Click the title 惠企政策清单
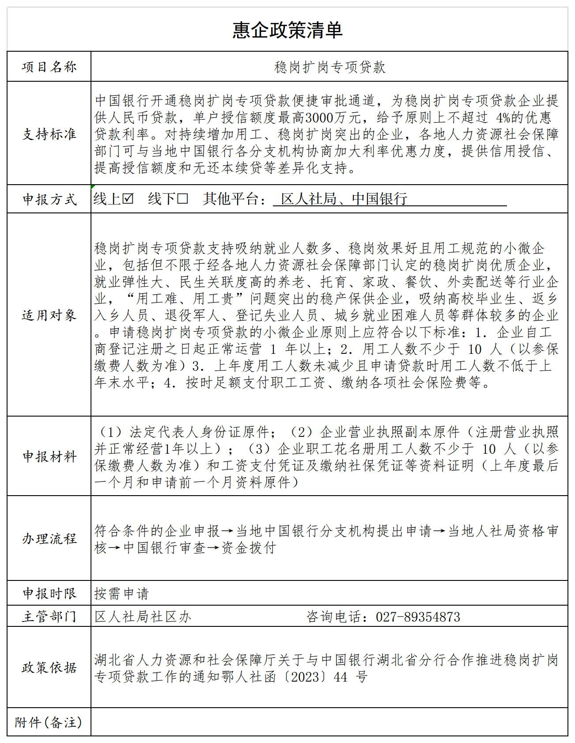pyautogui.click(x=287, y=30)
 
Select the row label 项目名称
pyautogui.click(x=49, y=67)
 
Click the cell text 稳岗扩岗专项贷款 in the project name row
pyautogui.click(x=329, y=67)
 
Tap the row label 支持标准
pyautogui.click(x=49, y=133)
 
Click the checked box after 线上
pyautogui.click(x=128, y=198)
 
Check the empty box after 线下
pyautogui.click(x=182, y=198)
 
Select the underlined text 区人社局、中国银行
pyautogui.click(x=344, y=199)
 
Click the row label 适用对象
pyautogui.click(x=49, y=315)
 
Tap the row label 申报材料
pyautogui.click(x=49, y=456)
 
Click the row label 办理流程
pyautogui.click(x=49, y=538)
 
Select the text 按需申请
pyautogui.click(x=121, y=593)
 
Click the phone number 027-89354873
pyautogui.click(x=418, y=617)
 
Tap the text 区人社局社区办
pyautogui.click(x=143, y=617)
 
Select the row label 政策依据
pyautogui.click(x=49, y=667)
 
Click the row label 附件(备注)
pyautogui.click(x=49, y=722)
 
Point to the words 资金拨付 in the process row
pyautogui.click(x=249, y=548)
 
